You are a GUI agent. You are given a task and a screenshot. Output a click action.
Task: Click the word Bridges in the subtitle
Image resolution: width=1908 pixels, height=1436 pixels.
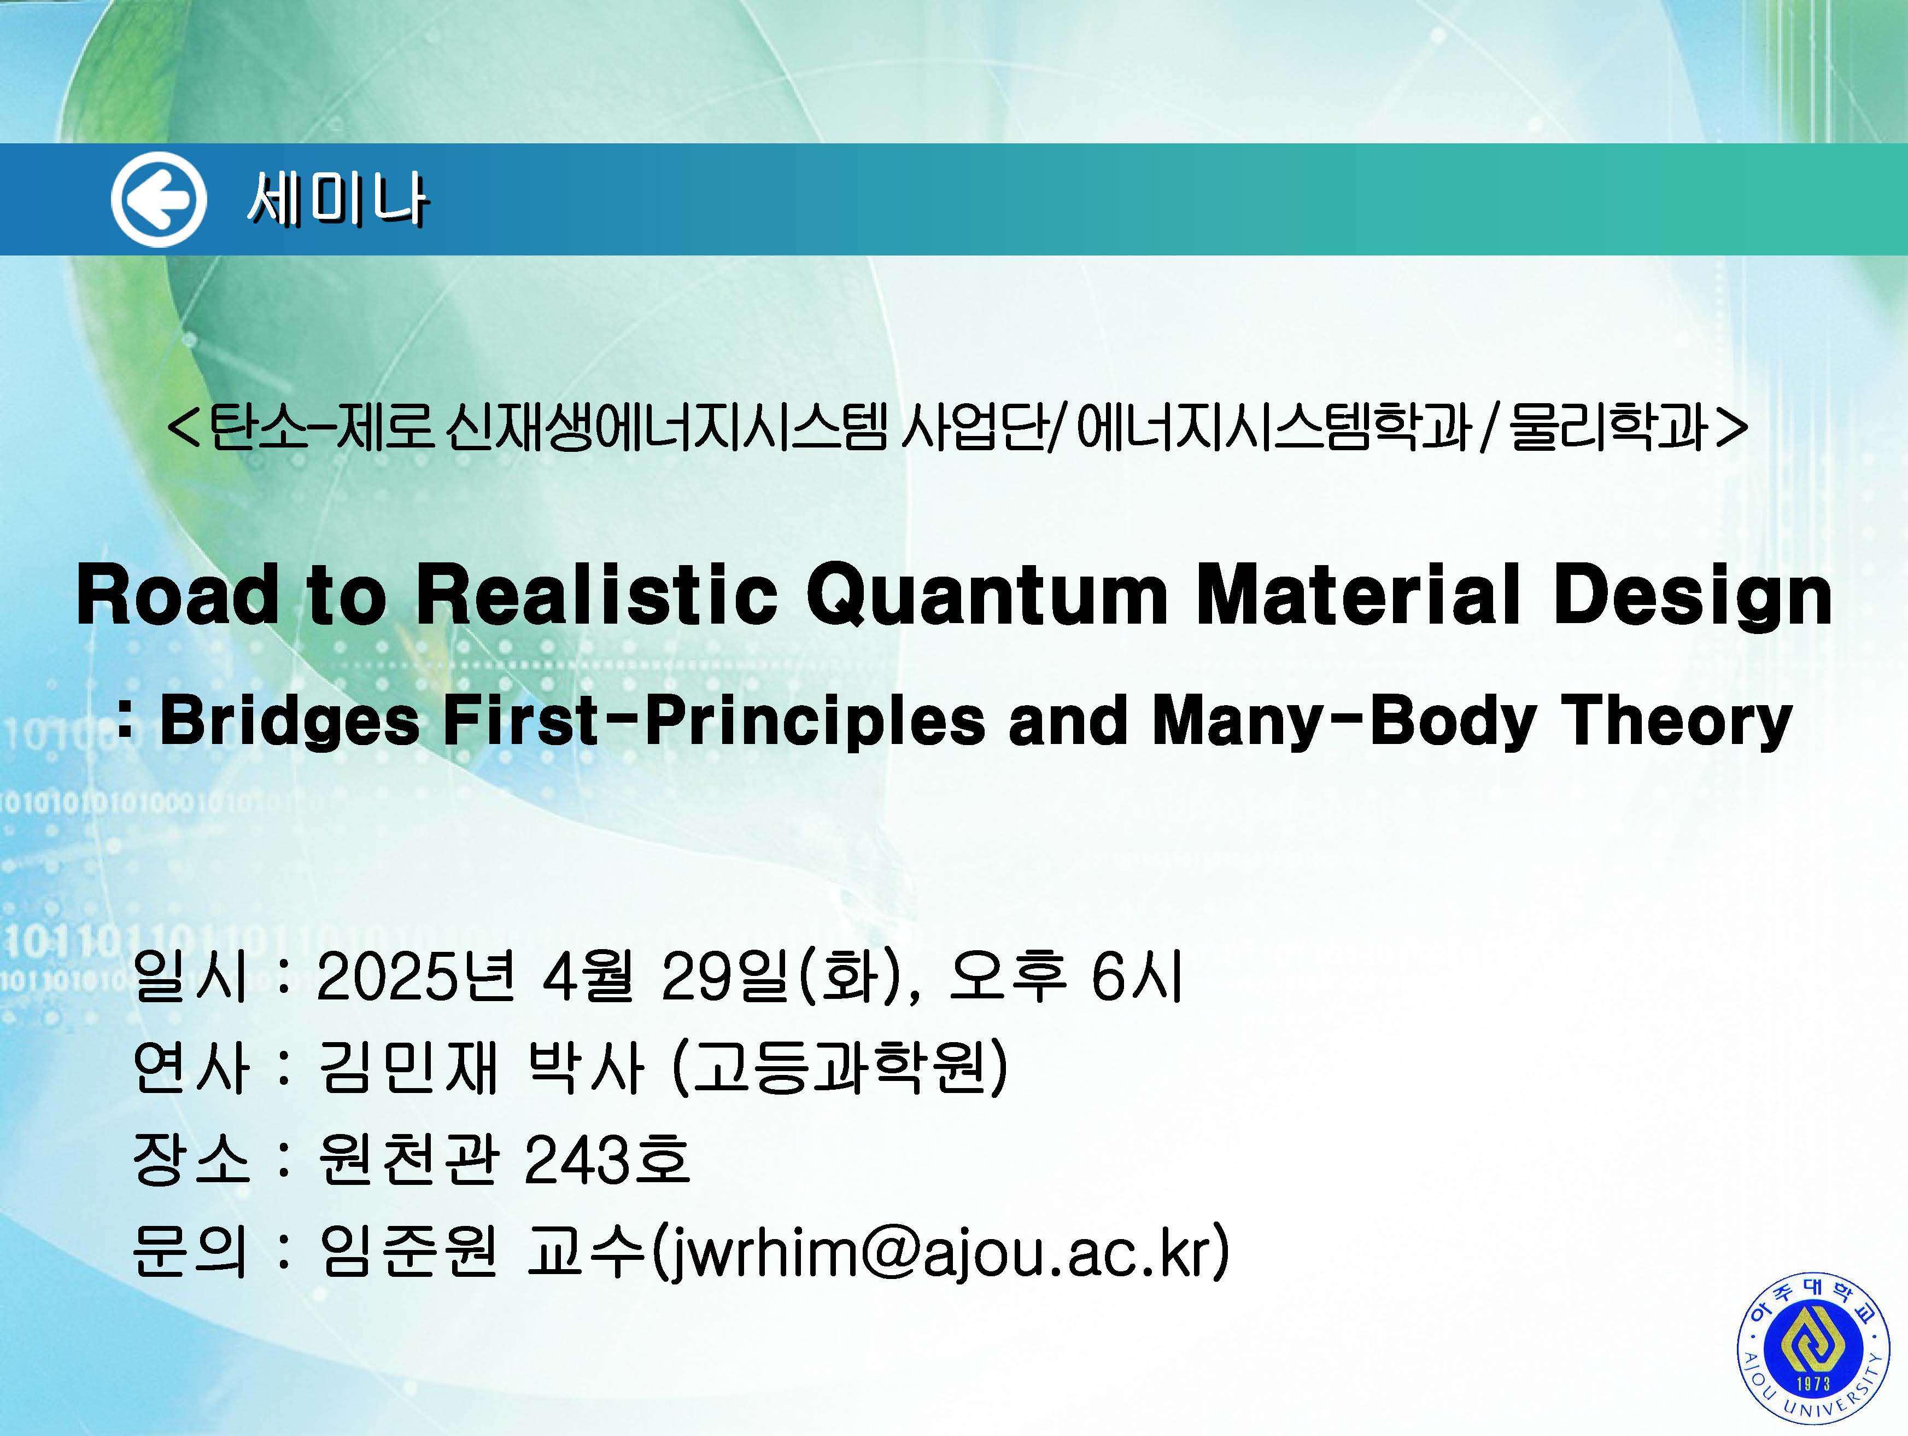pyautogui.click(x=290, y=722)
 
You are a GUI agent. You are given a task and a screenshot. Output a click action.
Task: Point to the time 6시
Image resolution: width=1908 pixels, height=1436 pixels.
pyautogui.click(x=1137, y=977)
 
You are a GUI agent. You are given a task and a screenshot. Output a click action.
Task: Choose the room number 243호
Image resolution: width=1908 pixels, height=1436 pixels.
pyautogui.click(x=606, y=1160)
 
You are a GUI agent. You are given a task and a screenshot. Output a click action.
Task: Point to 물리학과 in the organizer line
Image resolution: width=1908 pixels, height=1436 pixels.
pyautogui.click(x=1609, y=429)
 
